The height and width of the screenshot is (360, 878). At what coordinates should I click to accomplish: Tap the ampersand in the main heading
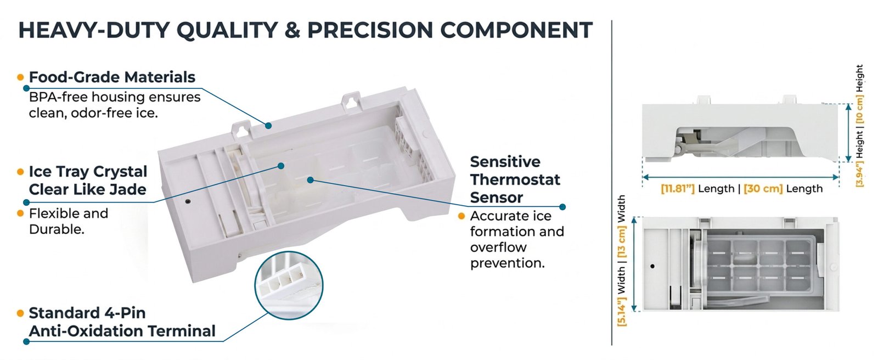coord(292,30)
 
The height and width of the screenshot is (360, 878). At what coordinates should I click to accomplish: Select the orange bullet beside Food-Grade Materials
coord(21,77)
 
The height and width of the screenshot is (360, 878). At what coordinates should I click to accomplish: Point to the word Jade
coord(128,189)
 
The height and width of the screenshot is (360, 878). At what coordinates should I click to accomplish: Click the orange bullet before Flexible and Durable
coord(21,213)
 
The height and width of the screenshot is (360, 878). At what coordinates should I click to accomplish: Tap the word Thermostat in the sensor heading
coord(515,179)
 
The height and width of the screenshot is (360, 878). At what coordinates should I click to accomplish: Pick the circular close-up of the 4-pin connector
coord(289,285)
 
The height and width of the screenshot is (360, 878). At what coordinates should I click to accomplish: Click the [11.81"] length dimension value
coord(678,189)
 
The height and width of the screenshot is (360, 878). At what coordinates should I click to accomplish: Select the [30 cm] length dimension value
coord(763,189)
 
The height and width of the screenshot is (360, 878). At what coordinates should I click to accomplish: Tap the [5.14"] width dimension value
coord(622,311)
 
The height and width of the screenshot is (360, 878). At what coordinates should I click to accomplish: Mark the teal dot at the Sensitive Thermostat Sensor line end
coord(562,207)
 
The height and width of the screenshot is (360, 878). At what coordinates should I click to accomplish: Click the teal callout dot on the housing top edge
coord(268,126)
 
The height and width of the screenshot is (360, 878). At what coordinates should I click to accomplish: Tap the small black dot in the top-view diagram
coord(652,266)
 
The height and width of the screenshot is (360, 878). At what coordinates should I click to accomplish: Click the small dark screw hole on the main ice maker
coord(188,201)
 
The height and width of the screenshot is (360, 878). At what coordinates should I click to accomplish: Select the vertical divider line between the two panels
coord(611,183)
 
